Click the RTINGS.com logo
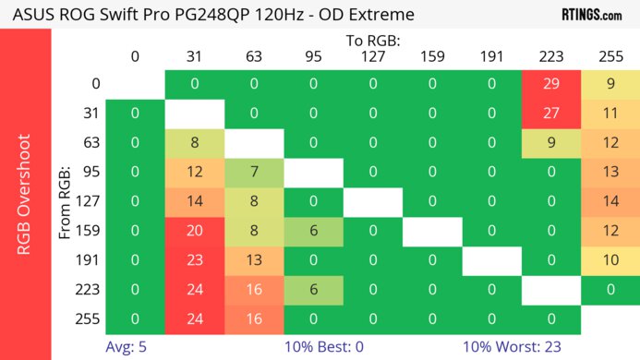591,15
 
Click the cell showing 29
551,84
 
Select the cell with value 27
551,114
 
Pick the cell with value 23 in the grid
194,261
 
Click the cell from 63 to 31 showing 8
194,143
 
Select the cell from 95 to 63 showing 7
253,173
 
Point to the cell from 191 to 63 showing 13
253,261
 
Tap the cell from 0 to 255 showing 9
610,84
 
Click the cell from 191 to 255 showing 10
610,261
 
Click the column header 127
372,56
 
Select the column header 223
551,56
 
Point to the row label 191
89,261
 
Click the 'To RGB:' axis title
372,41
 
